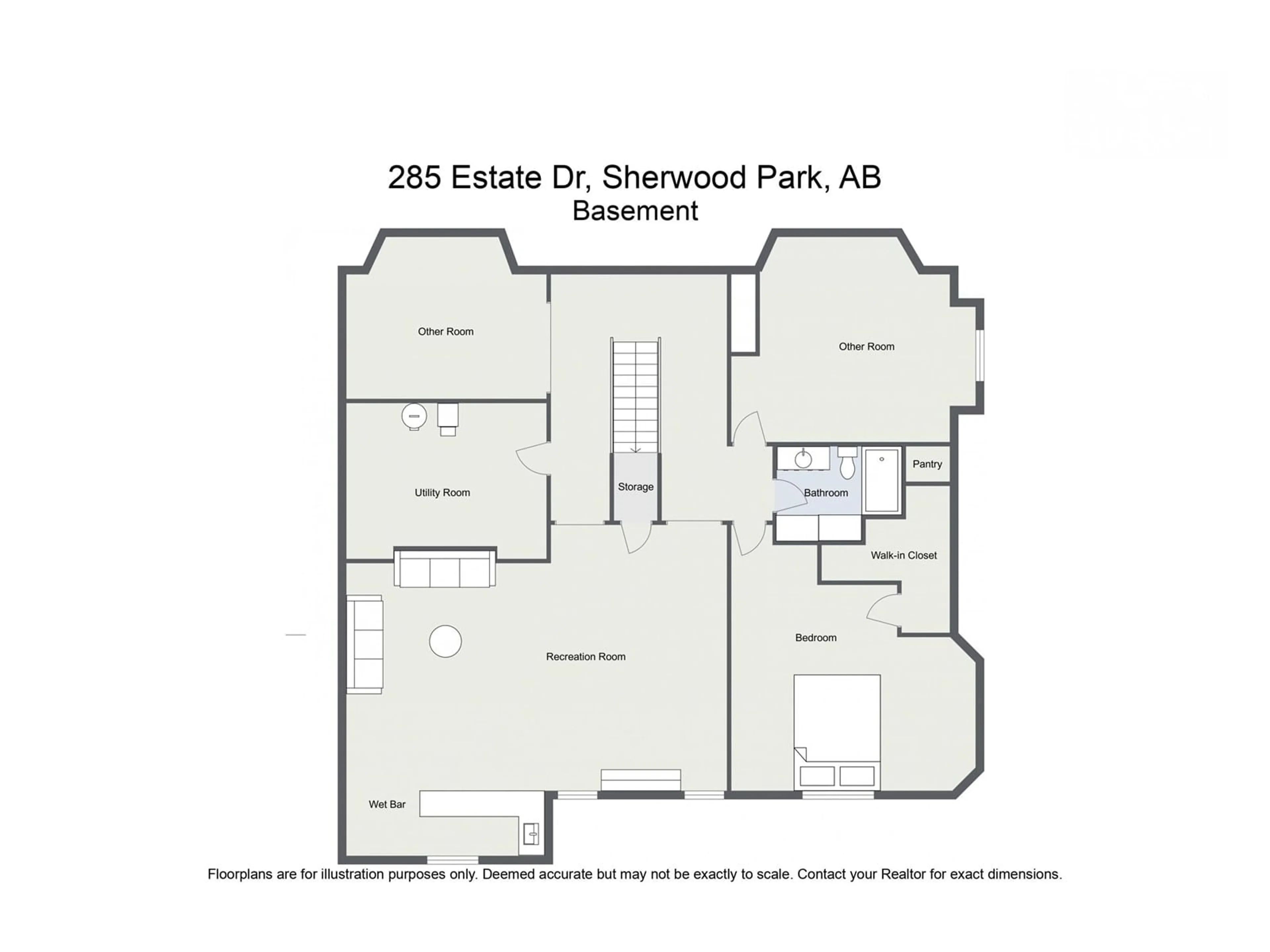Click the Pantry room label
(x=927, y=464)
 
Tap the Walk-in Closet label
(x=904, y=555)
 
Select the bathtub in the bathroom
(x=882, y=480)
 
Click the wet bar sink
(x=531, y=833)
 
